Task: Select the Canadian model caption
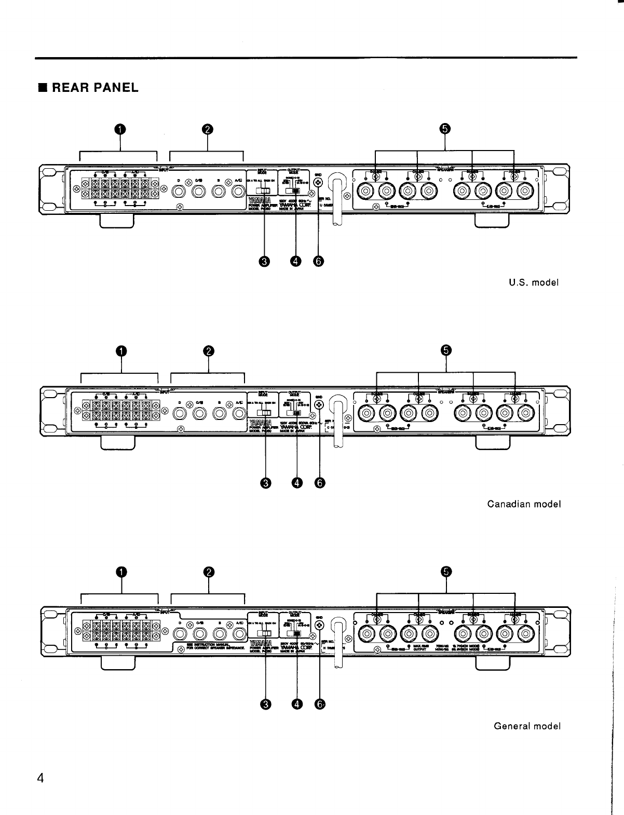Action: click(524, 504)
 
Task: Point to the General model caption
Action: click(527, 726)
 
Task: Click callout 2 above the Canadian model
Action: click(209, 351)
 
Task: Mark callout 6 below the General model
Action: click(319, 704)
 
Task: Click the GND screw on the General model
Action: click(320, 624)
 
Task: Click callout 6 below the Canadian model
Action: click(319, 483)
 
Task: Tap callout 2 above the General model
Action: click(209, 572)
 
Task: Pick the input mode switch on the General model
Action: click(264, 633)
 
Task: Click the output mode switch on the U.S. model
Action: click(294, 191)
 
